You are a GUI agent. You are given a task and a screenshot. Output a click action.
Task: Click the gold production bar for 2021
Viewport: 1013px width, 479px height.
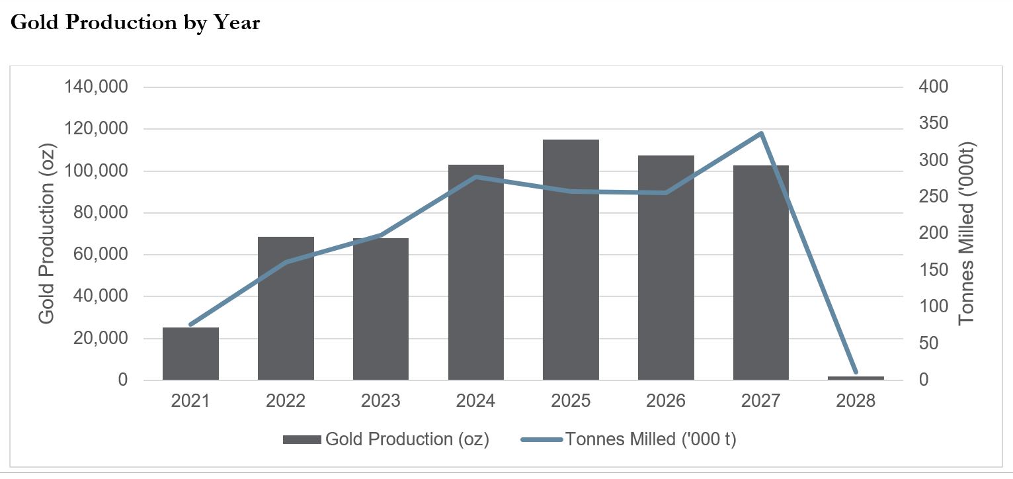pos(190,354)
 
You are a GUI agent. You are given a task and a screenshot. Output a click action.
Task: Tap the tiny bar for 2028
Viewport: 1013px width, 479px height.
pos(856,378)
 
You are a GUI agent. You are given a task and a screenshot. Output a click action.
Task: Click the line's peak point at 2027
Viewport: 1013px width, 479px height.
pos(761,134)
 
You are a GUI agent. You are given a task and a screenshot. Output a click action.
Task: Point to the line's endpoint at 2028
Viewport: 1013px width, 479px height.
pos(856,372)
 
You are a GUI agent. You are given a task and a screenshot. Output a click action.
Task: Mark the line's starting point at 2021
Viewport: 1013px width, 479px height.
pos(190,324)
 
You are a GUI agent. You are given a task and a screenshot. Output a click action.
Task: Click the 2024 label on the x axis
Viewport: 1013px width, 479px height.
pos(475,401)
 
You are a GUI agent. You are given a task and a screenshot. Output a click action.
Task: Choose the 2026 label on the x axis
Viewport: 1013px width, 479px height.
pos(666,401)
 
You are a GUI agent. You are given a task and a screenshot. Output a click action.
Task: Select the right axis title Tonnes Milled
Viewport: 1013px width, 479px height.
pos(967,234)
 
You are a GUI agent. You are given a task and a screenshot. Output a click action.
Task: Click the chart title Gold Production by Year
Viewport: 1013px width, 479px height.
pos(135,22)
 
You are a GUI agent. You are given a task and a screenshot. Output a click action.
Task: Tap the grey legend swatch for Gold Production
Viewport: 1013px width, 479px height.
pos(302,440)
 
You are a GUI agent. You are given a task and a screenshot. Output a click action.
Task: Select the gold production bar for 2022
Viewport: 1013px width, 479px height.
pos(286,308)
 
